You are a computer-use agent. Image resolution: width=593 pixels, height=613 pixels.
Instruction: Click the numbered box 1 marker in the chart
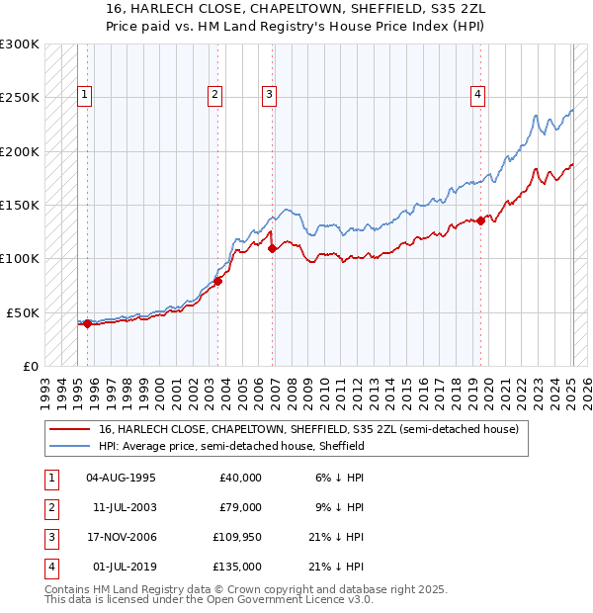(84, 95)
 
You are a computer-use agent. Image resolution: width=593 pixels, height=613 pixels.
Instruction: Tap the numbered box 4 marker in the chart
(477, 95)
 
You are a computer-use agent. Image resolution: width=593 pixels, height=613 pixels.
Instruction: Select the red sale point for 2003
(218, 281)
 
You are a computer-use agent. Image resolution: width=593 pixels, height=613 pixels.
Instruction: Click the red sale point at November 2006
(272, 248)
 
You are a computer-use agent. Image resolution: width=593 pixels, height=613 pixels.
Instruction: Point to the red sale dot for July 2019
(480, 220)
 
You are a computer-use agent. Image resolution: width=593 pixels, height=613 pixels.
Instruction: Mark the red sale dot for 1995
(87, 323)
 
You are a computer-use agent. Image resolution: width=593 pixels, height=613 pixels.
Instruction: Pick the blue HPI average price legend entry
(231, 446)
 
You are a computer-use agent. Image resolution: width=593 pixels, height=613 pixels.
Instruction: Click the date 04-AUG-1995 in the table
(121, 478)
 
